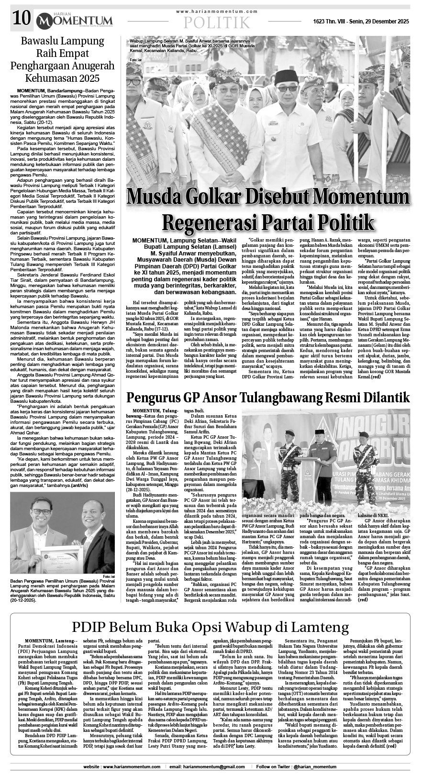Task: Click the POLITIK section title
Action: click(x=217, y=22)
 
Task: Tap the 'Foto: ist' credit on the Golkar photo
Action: click(x=136, y=60)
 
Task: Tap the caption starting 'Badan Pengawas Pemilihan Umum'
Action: click(x=63, y=589)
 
